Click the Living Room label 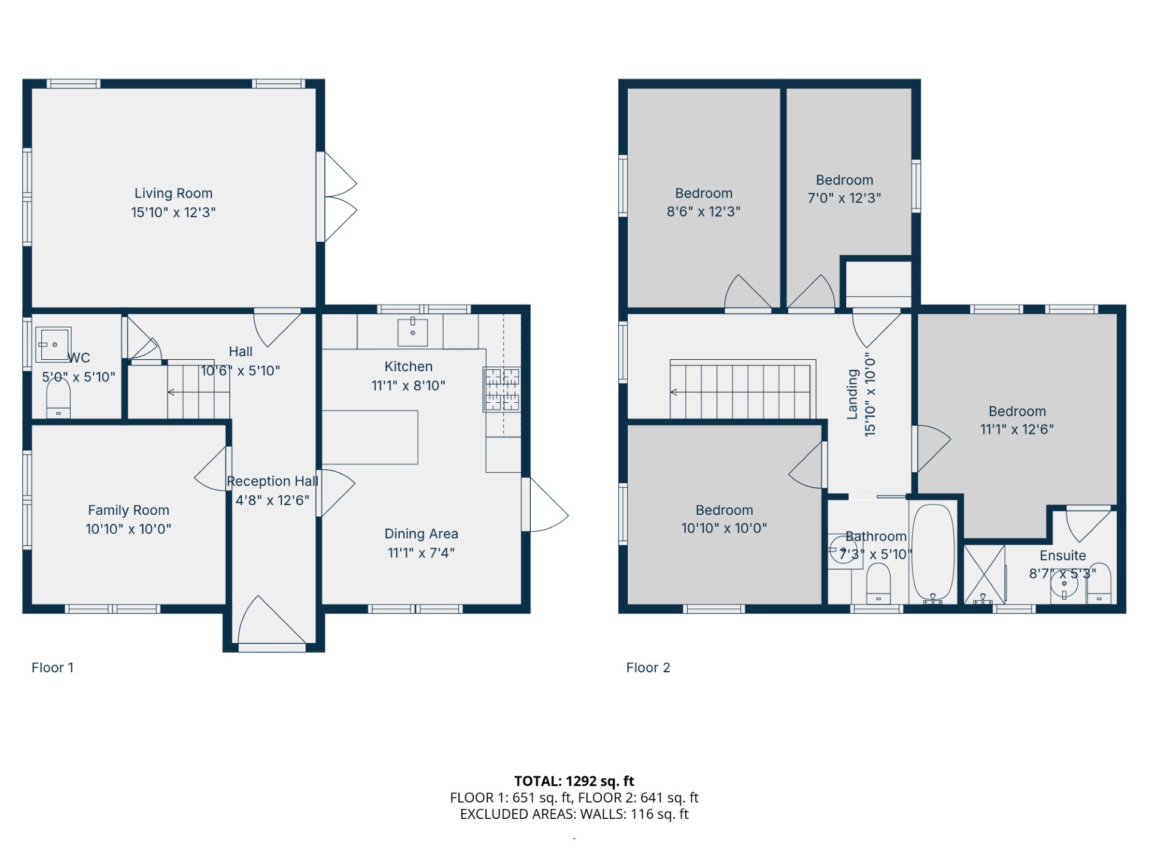[x=174, y=193]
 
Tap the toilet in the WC [x=58, y=398]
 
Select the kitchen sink [x=413, y=333]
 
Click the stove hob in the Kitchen [x=502, y=390]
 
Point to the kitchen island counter [x=370, y=437]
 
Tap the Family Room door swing [x=211, y=469]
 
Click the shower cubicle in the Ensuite [x=984, y=574]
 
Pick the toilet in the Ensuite [x=1099, y=583]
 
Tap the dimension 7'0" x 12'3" [x=844, y=198]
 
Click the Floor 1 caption [x=53, y=667]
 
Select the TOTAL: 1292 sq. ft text [x=574, y=781]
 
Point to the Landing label [x=853, y=394]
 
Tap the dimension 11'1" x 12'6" [x=1017, y=429]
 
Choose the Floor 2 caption [x=648, y=667]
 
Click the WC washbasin [x=53, y=344]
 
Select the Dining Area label [x=421, y=534]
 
